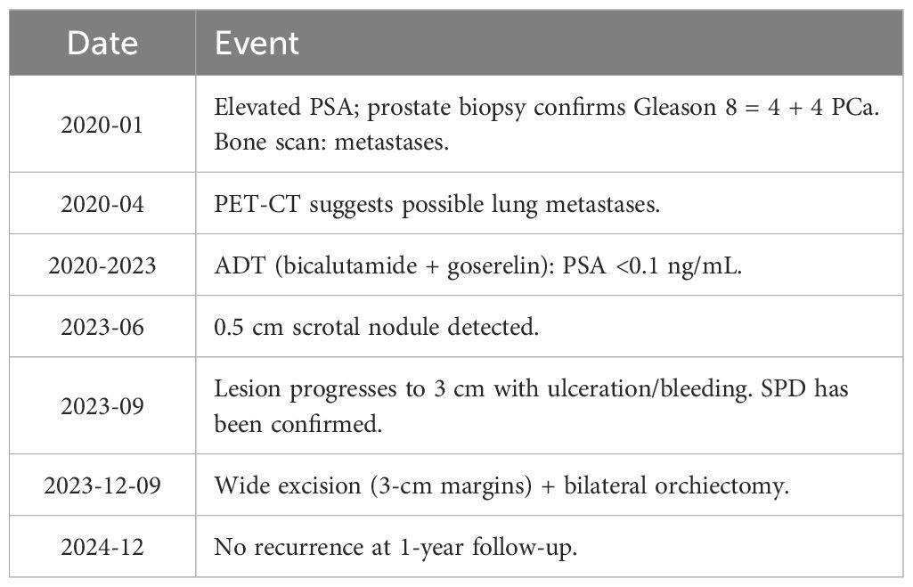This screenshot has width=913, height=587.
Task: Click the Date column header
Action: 102,43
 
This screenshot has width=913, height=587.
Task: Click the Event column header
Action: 257,43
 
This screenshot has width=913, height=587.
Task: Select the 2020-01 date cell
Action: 102,125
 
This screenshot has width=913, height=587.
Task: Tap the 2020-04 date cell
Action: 102,204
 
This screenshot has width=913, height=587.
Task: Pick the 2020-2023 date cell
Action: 102,265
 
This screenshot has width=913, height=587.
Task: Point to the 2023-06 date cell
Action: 102,327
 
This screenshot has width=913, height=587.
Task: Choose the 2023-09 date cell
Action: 102,406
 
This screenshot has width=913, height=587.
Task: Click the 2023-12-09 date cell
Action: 102,485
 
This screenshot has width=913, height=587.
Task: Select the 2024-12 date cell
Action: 102,547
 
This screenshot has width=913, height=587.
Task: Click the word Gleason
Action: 675,107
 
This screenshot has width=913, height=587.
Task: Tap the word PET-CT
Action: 257,204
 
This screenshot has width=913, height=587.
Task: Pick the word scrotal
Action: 325,327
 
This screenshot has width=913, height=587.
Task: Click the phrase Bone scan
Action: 269,143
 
